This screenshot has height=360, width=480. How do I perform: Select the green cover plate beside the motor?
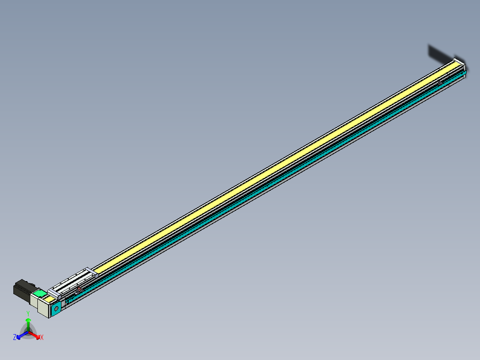[x=40, y=294]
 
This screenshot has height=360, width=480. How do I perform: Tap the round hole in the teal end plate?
[x=57, y=308]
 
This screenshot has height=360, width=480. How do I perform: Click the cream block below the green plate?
[x=43, y=307]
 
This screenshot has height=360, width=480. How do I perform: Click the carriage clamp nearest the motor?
[x=54, y=293]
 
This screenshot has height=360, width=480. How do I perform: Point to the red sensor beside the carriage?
[x=80, y=290]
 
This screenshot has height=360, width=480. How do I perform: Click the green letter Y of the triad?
[x=28, y=313]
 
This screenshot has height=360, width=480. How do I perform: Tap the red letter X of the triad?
[x=42, y=338]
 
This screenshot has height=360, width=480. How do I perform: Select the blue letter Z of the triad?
[x=15, y=338]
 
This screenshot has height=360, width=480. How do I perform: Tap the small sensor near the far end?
[x=440, y=83]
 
